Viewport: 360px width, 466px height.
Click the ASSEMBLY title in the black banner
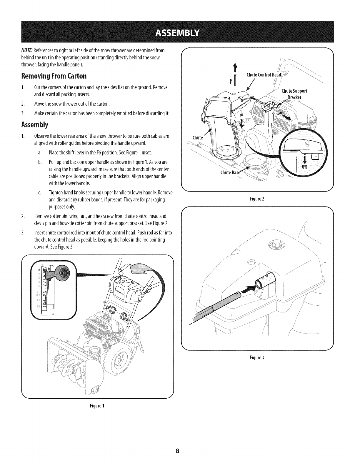[180, 32]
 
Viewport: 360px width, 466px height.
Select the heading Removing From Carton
[54, 76]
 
